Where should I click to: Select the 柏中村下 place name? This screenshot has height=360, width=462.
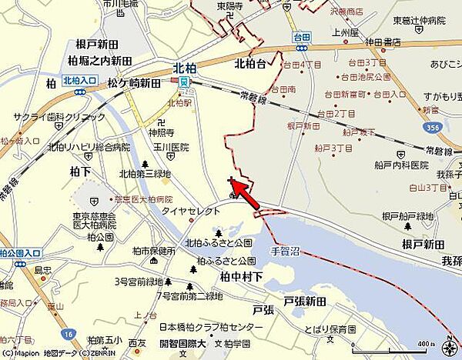pos(241,275)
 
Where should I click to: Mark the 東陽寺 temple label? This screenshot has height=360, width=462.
pos(230,6)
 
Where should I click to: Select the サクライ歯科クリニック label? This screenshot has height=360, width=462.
pos(59,117)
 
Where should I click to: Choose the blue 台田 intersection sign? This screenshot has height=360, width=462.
pos(300,35)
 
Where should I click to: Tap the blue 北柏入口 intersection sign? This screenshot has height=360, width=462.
pos(77,80)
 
